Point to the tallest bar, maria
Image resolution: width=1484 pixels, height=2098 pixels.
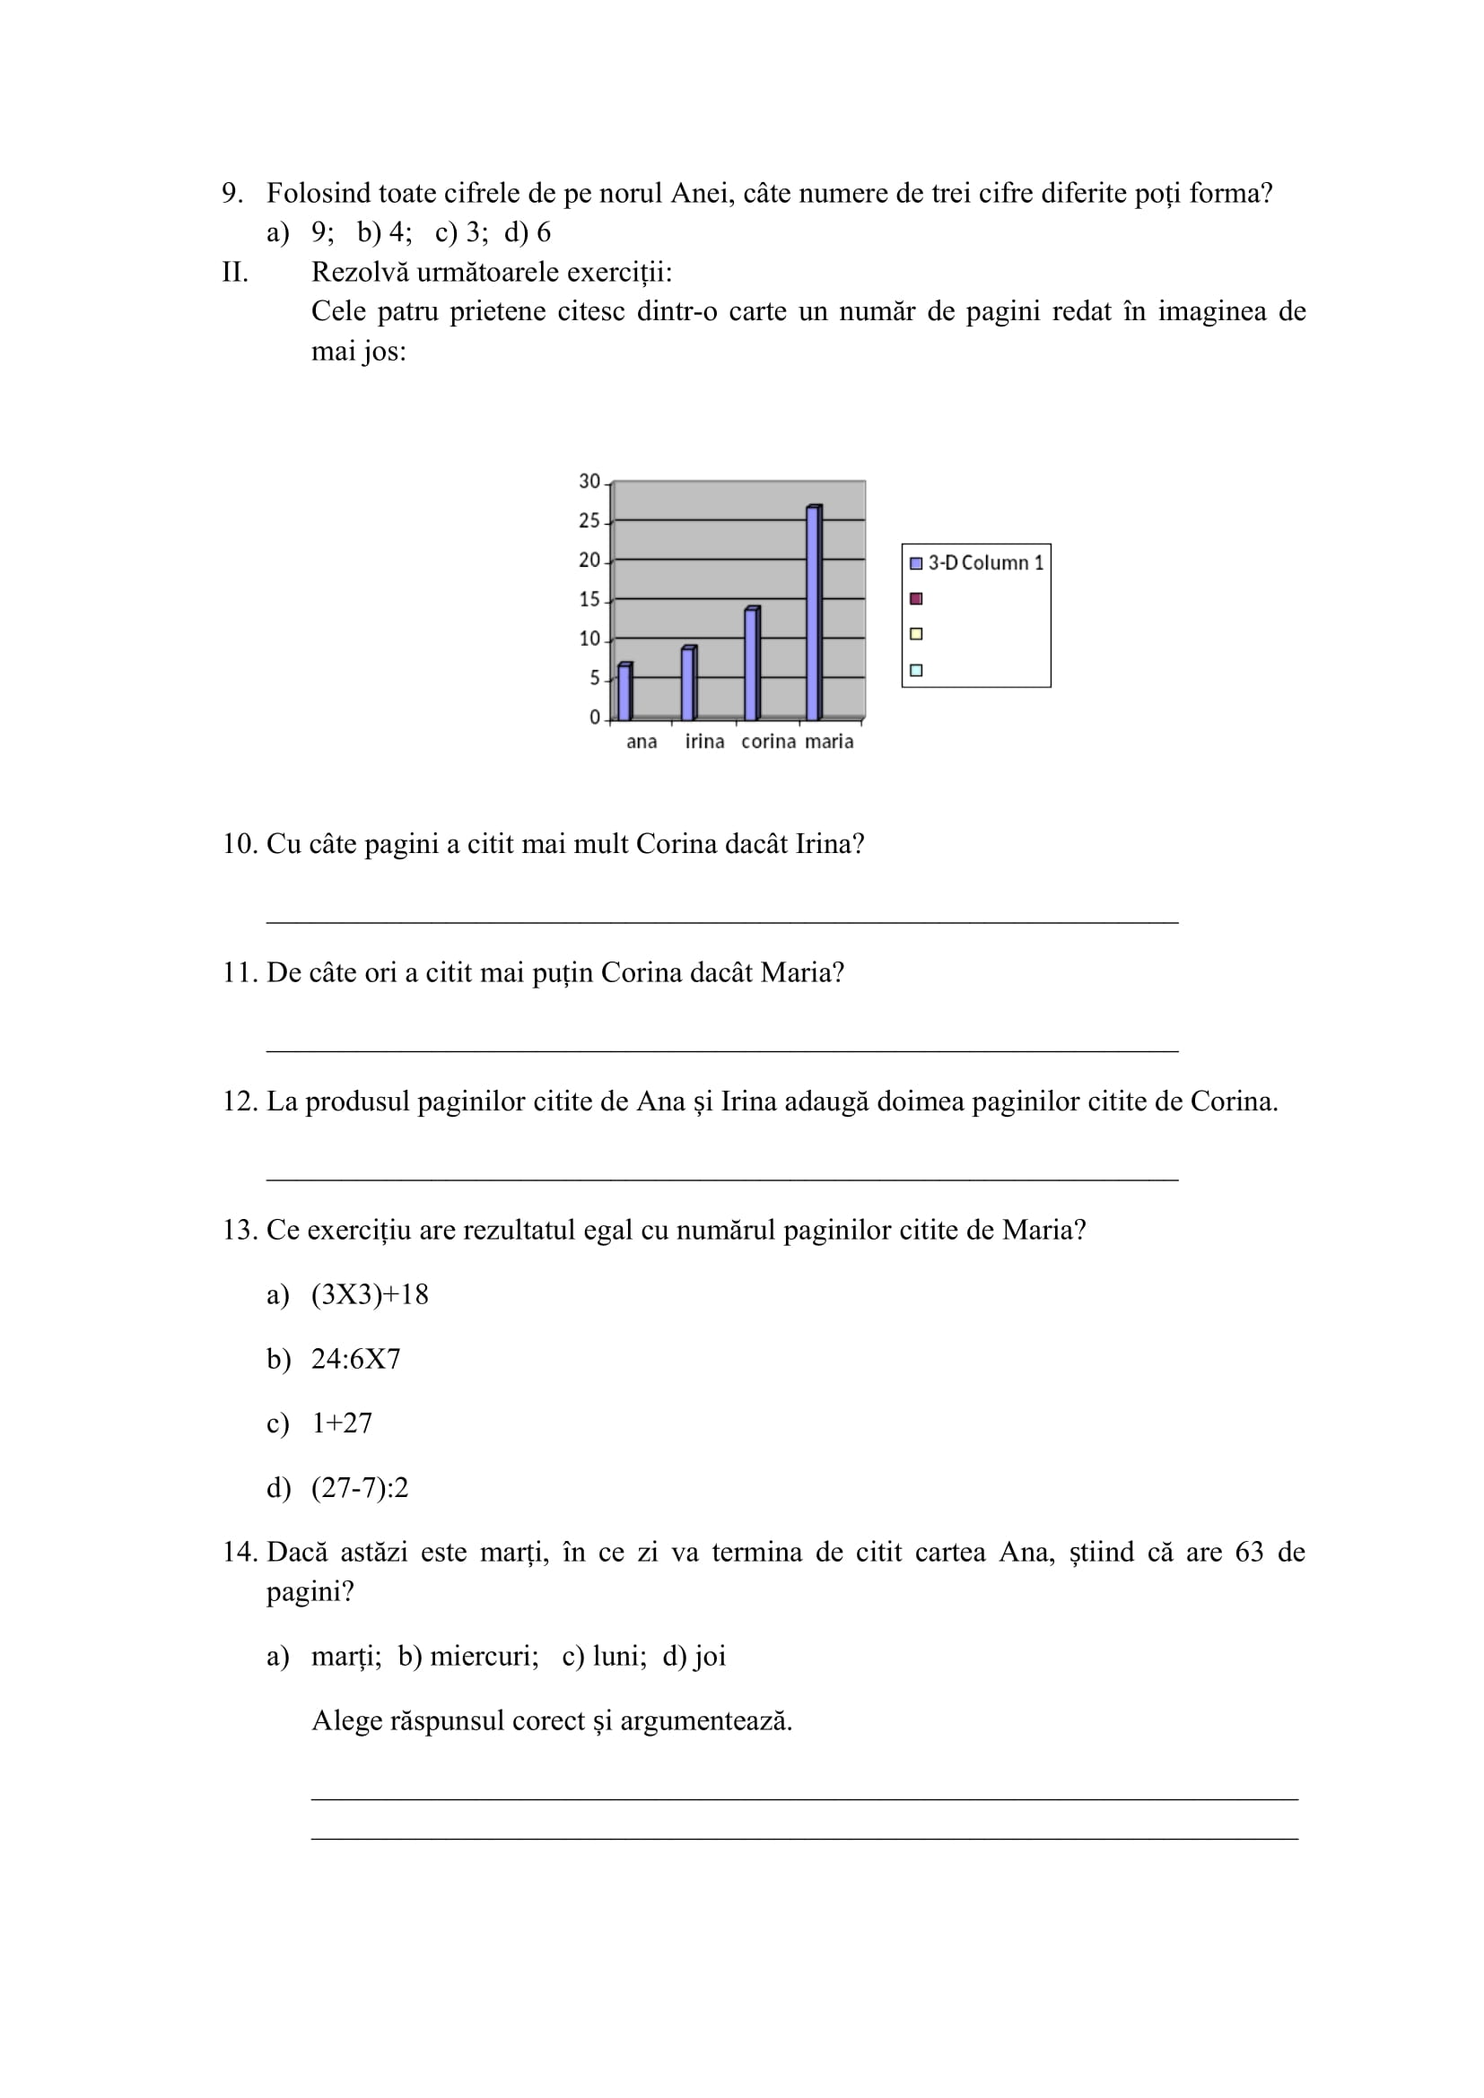(x=813, y=613)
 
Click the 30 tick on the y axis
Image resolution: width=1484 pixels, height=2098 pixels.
(x=589, y=482)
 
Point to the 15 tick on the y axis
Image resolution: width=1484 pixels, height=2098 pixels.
(x=589, y=599)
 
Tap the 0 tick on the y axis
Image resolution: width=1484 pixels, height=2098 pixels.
(x=595, y=718)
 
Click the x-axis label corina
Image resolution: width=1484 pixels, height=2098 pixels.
(x=768, y=742)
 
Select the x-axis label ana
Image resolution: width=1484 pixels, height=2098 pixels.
(x=642, y=742)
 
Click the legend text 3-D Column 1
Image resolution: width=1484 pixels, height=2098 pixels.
(x=986, y=563)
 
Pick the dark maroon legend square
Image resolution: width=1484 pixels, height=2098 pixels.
(x=916, y=598)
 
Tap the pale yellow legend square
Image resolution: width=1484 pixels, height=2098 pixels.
(x=916, y=634)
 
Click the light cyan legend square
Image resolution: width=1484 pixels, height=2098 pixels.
(x=916, y=670)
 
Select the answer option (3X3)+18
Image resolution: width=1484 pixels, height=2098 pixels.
(x=369, y=1294)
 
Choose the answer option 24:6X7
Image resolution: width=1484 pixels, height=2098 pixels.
(x=355, y=1359)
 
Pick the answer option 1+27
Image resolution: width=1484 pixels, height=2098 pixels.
(x=342, y=1423)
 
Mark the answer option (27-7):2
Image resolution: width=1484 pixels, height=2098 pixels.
(x=359, y=1487)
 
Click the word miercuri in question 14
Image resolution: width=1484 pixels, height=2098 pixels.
(x=484, y=1656)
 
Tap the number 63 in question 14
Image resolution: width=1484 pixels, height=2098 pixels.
(x=1248, y=1552)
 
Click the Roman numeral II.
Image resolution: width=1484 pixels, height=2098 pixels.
(x=235, y=273)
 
